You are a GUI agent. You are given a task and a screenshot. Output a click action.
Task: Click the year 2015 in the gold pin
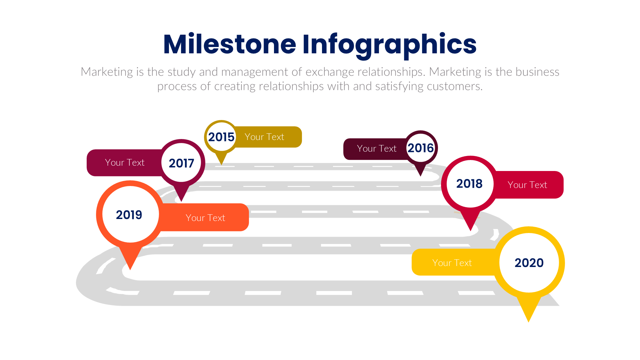(221, 137)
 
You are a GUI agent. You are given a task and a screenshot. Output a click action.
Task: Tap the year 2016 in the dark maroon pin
(420, 148)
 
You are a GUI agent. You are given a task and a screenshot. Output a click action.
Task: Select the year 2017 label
(181, 163)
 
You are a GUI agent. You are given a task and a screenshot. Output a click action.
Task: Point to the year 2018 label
(469, 184)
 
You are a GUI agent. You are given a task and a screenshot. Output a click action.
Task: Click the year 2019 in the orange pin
(129, 215)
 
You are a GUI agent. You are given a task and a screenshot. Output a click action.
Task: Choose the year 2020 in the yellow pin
(529, 263)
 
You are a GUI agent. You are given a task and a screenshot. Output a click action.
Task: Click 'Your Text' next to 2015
(264, 137)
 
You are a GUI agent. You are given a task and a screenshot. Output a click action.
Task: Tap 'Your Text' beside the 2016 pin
(377, 148)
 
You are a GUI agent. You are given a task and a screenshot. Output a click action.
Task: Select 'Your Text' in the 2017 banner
(125, 162)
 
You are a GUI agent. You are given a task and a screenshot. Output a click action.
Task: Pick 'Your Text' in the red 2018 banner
(527, 185)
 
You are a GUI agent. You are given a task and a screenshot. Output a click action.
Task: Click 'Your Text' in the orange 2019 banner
(205, 218)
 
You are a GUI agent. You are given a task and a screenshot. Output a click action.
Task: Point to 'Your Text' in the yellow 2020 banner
(452, 263)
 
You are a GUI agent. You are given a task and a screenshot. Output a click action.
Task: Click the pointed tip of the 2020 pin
(529, 321)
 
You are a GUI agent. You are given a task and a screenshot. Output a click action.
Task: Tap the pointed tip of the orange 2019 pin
(130, 269)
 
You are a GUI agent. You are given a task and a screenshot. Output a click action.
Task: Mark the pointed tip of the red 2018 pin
(470, 230)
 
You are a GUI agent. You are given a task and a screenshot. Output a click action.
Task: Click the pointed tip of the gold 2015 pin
(221, 164)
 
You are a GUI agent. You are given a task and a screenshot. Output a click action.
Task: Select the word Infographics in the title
(389, 45)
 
